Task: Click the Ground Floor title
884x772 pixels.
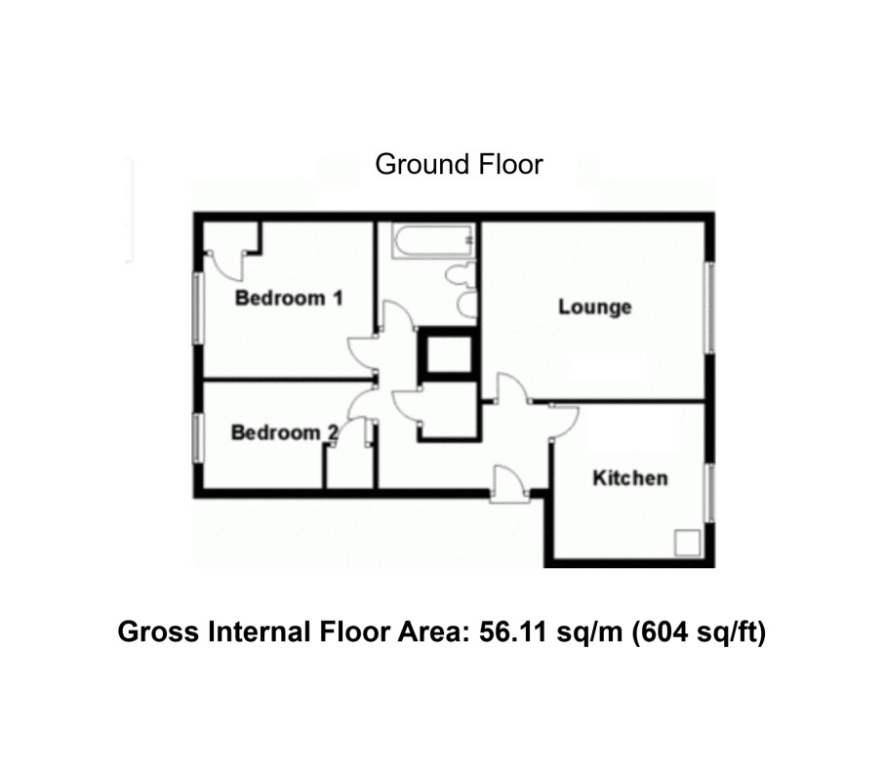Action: pos(459,164)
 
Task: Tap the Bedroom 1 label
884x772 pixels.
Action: pos(289,298)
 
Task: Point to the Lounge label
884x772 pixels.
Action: pos(594,307)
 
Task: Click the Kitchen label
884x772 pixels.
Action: pos(630,478)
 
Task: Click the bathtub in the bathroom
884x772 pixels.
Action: pos(433,240)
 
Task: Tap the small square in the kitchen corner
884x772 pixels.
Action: pos(689,543)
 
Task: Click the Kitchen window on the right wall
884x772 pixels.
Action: pos(709,492)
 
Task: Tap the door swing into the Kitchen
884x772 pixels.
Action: pos(566,420)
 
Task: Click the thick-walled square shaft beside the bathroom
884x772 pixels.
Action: pos(448,355)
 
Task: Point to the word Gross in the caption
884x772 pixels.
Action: pos(156,632)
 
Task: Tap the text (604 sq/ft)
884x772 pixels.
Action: pos(699,632)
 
